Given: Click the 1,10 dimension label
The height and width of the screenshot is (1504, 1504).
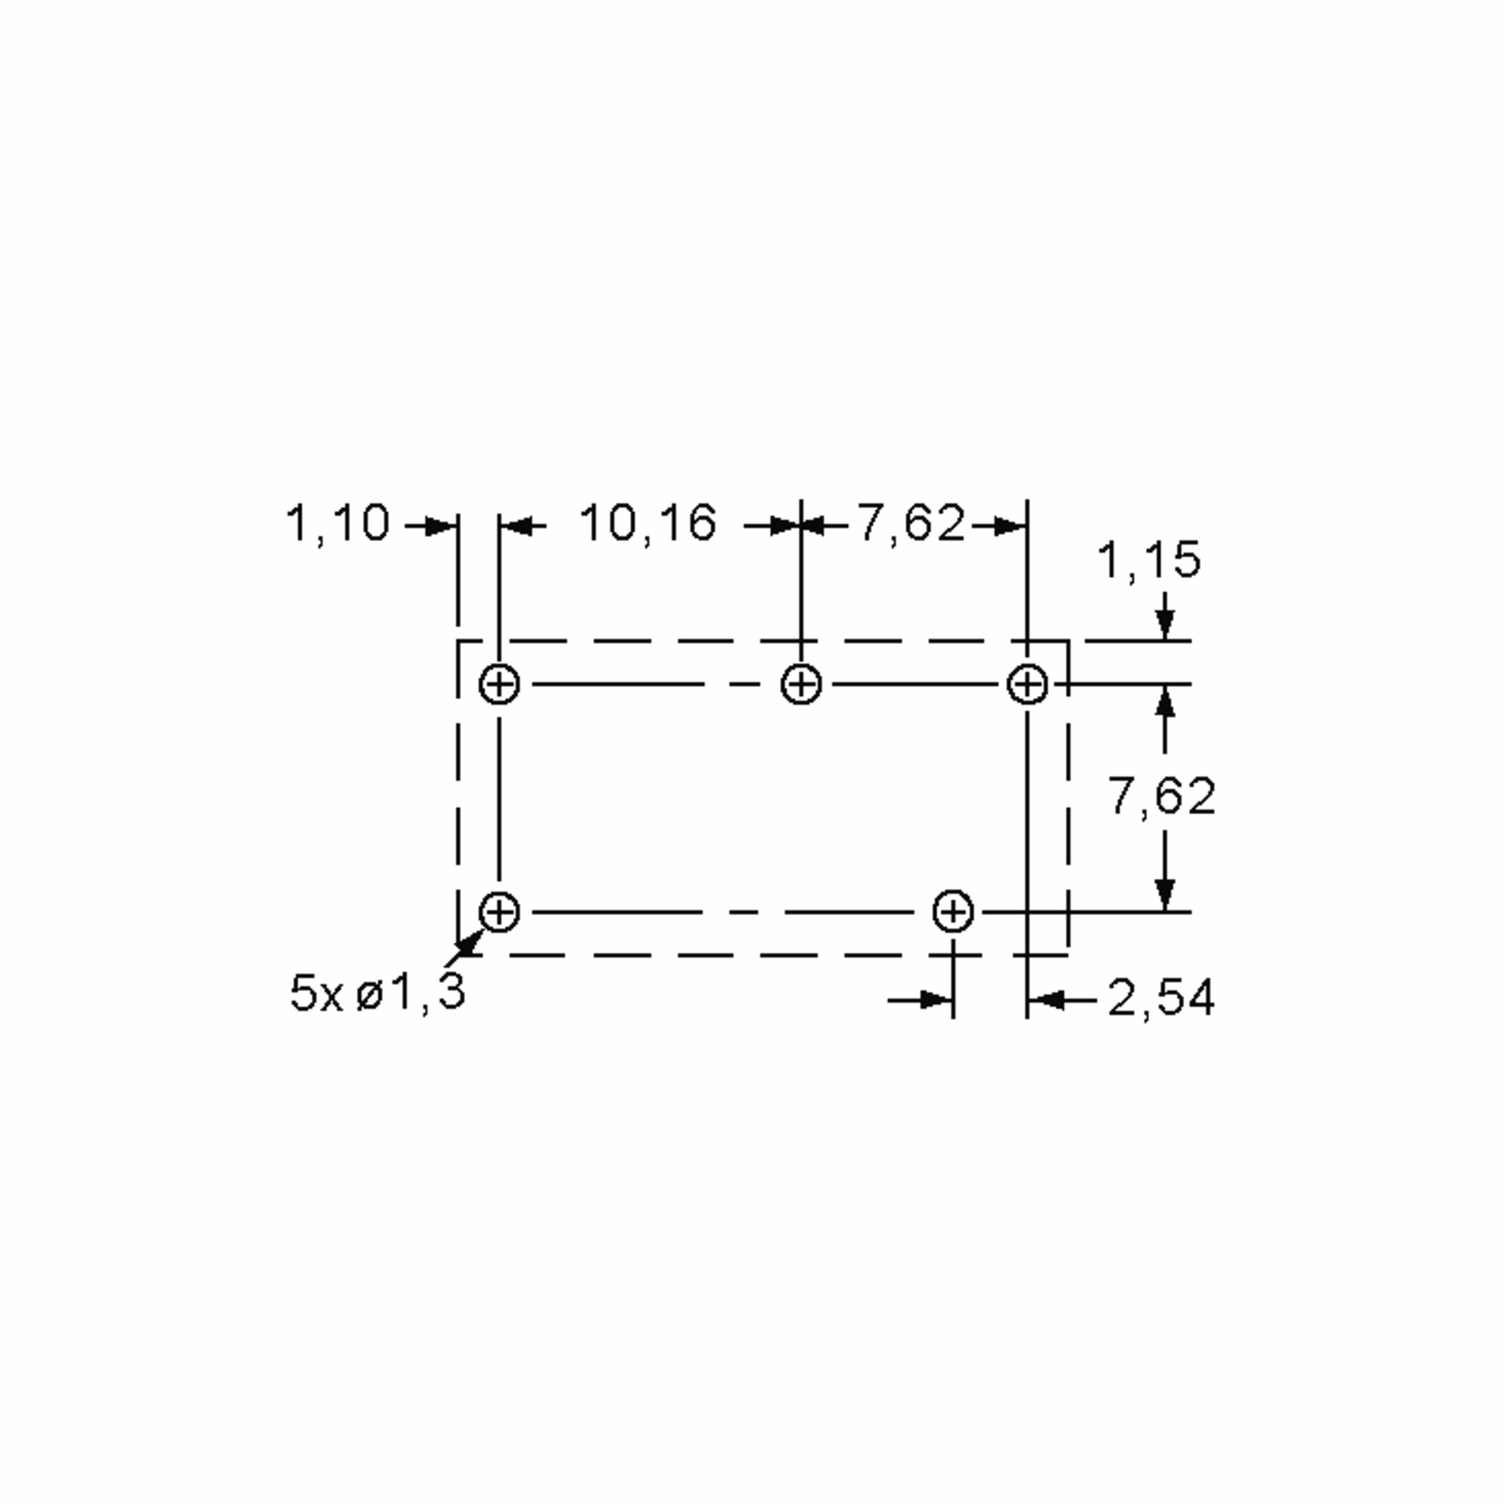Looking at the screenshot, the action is point(338,524).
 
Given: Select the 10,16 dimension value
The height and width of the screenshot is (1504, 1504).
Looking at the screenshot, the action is point(649,524).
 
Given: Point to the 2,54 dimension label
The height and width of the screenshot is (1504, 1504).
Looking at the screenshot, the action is point(1161,998).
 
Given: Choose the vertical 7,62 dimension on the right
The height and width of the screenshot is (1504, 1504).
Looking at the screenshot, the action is point(1161,796).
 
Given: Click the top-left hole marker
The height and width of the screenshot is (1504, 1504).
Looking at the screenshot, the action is point(499,685).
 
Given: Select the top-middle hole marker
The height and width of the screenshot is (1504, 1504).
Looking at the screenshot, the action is point(801,685).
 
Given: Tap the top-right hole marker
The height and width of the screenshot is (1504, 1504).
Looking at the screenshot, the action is point(1028,685).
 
